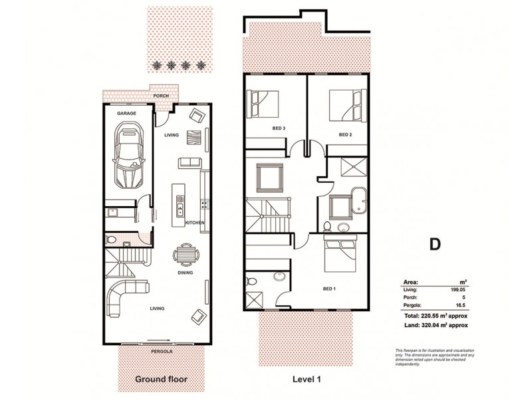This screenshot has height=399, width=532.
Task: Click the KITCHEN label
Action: (195, 222)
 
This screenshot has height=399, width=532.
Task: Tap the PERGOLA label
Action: (161, 350)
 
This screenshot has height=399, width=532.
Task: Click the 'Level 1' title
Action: (307, 380)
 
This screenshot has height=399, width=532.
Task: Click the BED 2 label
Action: (344, 134)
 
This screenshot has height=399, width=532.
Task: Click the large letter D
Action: (434, 244)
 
